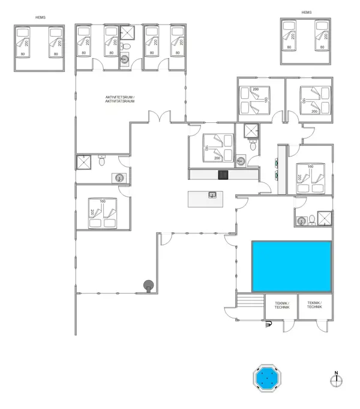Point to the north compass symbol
coord(337,379)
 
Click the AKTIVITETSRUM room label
coord(119,99)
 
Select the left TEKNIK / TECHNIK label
coord(281,305)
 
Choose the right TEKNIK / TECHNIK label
coord(314,305)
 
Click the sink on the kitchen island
coord(212,194)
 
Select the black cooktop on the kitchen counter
coord(223,175)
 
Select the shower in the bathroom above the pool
coord(324,219)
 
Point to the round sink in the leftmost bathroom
coord(118,178)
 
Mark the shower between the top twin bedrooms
coord(127,33)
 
